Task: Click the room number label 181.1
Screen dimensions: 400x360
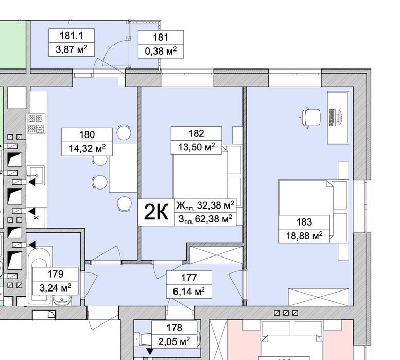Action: tap(71, 36)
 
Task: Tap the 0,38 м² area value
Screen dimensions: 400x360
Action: tap(161, 51)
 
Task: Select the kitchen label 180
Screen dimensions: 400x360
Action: tap(87, 134)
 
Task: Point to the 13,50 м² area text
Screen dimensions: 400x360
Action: tap(196, 147)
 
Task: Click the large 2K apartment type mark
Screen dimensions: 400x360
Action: tap(156, 212)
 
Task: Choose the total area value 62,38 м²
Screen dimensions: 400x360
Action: tap(214, 219)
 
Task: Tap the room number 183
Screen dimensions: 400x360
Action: tap(304, 222)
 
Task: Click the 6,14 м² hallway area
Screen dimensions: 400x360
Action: tap(189, 291)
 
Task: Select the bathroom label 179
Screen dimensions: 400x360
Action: tap(56, 274)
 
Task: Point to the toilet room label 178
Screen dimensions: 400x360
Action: tap(174, 328)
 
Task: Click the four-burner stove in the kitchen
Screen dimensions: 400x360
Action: tap(36, 124)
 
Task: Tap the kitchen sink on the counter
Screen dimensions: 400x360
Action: tap(36, 176)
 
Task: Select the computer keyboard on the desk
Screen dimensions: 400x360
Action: tap(332, 117)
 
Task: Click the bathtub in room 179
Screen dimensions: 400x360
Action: tap(39, 275)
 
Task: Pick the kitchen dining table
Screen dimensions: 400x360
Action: tap(123, 167)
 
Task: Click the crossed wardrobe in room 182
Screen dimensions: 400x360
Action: tap(217, 255)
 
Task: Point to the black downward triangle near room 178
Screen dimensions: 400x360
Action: tap(150, 352)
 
